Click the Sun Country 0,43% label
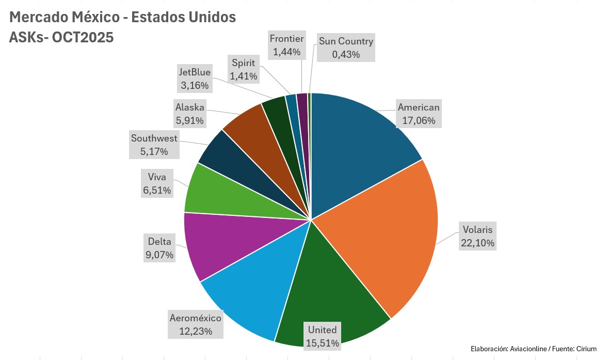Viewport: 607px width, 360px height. click(x=345, y=48)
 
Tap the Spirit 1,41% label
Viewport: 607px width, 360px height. click(x=244, y=70)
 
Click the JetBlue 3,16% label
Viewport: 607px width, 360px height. click(x=194, y=78)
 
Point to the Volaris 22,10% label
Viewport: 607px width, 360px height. click(x=477, y=236)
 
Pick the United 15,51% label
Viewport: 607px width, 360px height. click(x=322, y=336)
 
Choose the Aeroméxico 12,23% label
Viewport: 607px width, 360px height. click(x=195, y=324)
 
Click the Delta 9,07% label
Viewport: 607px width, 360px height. click(x=159, y=247)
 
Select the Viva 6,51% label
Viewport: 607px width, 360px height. click(x=156, y=184)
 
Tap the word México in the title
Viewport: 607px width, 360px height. click(x=95, y=17)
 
